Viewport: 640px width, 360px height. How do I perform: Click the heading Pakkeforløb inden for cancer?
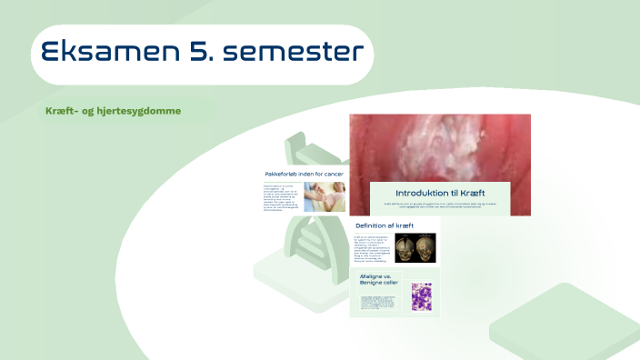click(304, 174)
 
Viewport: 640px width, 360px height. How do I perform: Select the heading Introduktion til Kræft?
click(441, 194)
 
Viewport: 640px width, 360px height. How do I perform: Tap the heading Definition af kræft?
click(385, 225)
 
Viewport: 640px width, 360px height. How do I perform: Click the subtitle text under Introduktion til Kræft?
click(441, 206)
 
